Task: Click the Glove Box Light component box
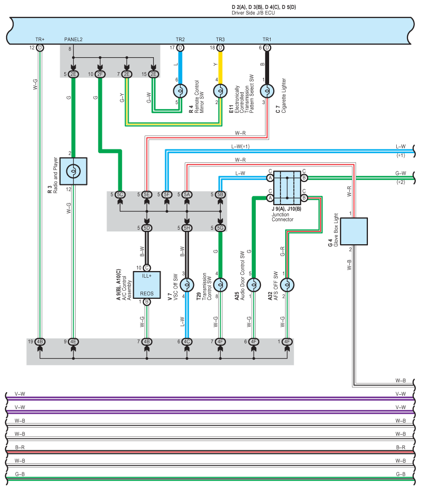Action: coord(354,231)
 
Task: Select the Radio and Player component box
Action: coord(73,171)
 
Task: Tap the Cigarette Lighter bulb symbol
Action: coord(267,92)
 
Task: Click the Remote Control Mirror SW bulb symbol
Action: coord(180,91)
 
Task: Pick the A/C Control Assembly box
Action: coord(147,284)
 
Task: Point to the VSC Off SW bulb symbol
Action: coord(187,284)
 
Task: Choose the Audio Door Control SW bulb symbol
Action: coord(253,284)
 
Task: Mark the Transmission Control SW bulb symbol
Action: coord(220,284)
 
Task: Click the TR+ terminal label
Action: coord(40,40)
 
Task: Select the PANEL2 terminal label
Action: coord(74,40)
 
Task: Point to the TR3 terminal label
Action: coord(220,40)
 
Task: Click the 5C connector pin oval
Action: coord(119,194)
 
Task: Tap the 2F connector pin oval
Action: coord(100,74)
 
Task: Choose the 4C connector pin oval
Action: coord(187,341)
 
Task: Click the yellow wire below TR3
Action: coord(220,64)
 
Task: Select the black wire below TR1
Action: coord(267,64)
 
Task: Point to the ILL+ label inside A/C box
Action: coord(147,276)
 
